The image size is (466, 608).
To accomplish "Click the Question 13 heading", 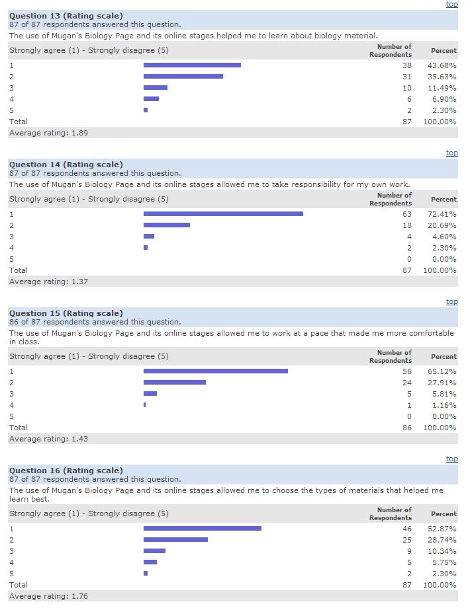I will coord(66,16).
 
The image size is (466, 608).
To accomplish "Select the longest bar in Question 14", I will coord(223,213).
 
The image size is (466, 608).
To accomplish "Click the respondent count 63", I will coord(406,214).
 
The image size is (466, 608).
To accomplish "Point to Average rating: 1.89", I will coord(48,133).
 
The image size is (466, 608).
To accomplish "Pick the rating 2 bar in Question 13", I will coord(183,77).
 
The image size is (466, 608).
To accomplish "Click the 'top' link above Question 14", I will coord(451,153).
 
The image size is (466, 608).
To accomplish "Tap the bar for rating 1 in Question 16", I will coord(202,528).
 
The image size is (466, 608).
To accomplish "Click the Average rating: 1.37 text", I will coord(48,282).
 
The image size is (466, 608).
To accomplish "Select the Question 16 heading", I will coord(66,471).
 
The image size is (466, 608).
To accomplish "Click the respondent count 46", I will coord(406,529).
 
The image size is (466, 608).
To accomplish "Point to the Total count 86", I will coord(406,428).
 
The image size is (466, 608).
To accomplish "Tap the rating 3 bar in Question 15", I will coord(150,393).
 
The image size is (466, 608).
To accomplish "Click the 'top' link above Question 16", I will coord(451,459).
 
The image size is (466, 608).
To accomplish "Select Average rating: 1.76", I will coord(48,596).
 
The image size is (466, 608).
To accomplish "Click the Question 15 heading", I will coord(66,313).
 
